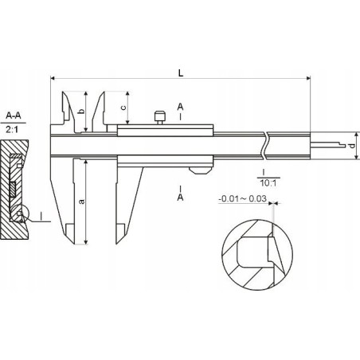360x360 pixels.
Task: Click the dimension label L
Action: point(182,72)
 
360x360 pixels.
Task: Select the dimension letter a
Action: point(82,202)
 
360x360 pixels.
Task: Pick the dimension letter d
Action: point(351,146)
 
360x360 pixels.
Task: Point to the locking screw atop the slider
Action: point(160,118)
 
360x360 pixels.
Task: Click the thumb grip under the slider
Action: point(199,168)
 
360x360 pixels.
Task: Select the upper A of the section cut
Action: point(182,105)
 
